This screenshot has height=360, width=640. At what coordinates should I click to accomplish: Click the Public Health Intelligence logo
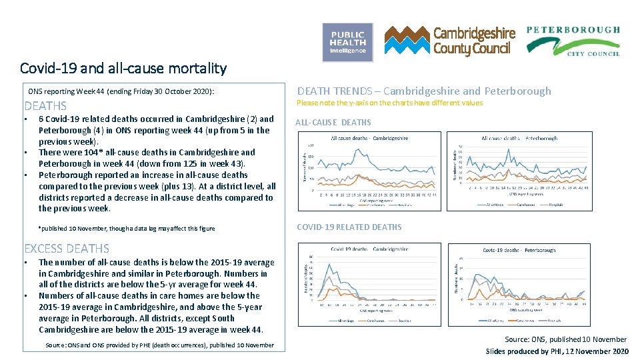coord(347,43)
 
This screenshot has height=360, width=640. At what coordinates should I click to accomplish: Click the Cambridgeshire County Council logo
coord(450,41)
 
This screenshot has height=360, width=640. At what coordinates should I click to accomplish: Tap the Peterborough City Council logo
coord(573,41)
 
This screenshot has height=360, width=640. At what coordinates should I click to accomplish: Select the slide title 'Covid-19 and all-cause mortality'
coord(123,68)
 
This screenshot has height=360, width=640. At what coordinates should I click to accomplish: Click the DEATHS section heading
coord(45,106)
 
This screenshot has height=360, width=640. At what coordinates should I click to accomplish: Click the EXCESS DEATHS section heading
coord(67,249)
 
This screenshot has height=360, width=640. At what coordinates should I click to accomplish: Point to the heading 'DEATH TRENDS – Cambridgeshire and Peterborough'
coord(424,91)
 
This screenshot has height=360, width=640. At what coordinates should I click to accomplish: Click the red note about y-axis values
coord(389,103)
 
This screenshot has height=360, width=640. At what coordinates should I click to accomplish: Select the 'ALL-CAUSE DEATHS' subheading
coord(333,122)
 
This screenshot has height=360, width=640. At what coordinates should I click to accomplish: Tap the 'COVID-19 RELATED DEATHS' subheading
coord(349,227)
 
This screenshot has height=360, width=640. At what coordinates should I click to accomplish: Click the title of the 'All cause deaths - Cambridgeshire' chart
coord(369,138)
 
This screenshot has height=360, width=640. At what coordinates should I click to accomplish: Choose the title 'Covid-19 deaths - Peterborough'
coord(519,250)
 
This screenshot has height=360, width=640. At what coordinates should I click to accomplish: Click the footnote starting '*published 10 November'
coord(127,229)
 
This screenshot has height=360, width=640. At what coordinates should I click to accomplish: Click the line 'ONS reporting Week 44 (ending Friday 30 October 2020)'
coord(121,91)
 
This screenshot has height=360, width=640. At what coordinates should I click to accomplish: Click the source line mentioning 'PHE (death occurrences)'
coord(159,345)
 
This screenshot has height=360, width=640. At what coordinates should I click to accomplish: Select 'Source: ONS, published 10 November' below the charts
coord(565,339)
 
